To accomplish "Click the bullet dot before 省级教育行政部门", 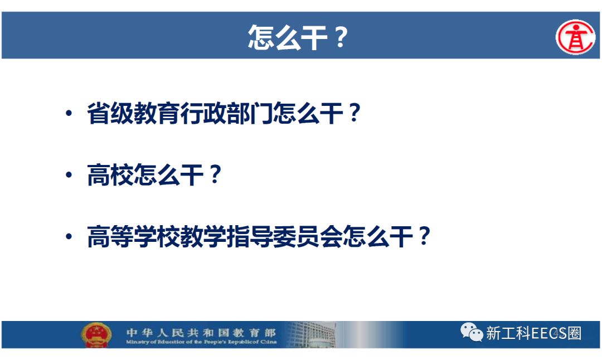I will pyautogui.click(x=69, y=114).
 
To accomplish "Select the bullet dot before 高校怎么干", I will pyautogui.click(x=69, y=175).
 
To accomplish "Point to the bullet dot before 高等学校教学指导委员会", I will pyautogui.click(x=69, y=236).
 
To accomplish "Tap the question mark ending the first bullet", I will pyautogui.click(x=352, y=114).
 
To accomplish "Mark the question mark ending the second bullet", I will pyautogui.click(x=213, y=175).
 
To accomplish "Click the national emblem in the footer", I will pyautogui.click(x=96, y=334).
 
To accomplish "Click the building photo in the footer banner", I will pyautogui.click(x=312, y=334).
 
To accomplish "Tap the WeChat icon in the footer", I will pyautogui.click(x=471, y=333).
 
